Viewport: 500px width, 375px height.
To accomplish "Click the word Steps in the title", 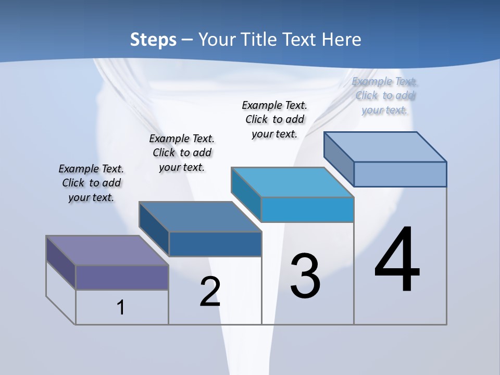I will click(153, 40).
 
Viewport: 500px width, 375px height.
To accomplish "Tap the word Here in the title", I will click(342, 40).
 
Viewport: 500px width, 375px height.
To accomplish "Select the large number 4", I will click(397, 260).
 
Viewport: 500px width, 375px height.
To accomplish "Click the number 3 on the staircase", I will click(305, 276).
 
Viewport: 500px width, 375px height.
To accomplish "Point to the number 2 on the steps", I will click(210, 292).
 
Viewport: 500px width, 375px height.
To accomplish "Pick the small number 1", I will click(120, 307).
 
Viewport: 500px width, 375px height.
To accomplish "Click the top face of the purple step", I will click(107, 251).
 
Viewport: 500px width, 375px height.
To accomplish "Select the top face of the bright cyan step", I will click(292, 182).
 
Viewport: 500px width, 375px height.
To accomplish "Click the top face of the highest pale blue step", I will click(385, 147).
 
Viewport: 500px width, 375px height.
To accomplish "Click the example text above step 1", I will click(91, 183).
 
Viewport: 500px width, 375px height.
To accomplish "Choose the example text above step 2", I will click(182, 153).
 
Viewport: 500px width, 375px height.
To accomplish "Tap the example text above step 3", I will click(274, 119).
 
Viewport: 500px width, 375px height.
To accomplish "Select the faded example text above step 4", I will click(385, 95).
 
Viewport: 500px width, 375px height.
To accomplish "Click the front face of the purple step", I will click(122, 277).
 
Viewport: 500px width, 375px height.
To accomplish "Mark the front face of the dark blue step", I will click(215, 244).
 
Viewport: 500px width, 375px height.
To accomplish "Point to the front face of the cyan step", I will click(307, 209).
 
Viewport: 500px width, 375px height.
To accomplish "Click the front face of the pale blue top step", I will click(400, 174).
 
